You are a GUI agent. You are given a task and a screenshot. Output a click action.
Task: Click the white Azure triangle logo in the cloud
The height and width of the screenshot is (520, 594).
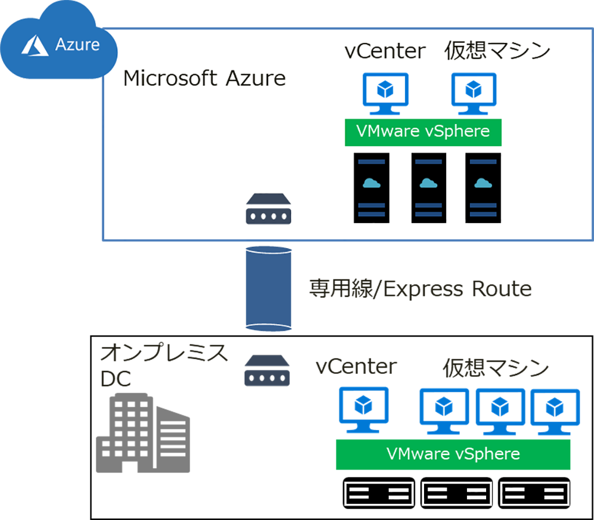pos(35,46)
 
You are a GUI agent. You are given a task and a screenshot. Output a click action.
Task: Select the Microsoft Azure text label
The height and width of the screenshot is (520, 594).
pos(204,78)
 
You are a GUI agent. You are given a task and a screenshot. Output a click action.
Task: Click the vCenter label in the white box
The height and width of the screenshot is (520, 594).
pos(385,52)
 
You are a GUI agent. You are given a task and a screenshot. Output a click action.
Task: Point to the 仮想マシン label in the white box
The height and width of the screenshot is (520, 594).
pos(497,52)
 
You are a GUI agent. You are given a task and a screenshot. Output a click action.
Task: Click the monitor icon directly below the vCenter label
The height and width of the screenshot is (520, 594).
pos(385,93)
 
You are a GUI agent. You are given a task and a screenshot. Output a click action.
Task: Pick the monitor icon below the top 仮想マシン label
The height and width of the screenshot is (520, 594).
pos(473,93)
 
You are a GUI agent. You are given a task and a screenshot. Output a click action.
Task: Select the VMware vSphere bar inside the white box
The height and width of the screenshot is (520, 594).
pos(423,132)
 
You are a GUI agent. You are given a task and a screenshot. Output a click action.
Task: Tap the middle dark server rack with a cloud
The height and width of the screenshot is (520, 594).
pos(429,187)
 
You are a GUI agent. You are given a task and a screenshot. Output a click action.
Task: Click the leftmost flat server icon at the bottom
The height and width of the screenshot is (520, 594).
pos(379,493)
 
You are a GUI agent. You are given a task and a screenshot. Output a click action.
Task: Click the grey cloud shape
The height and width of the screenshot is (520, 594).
pos(168,441)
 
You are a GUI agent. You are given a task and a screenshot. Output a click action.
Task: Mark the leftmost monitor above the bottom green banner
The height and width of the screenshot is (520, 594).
pos(364,409)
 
